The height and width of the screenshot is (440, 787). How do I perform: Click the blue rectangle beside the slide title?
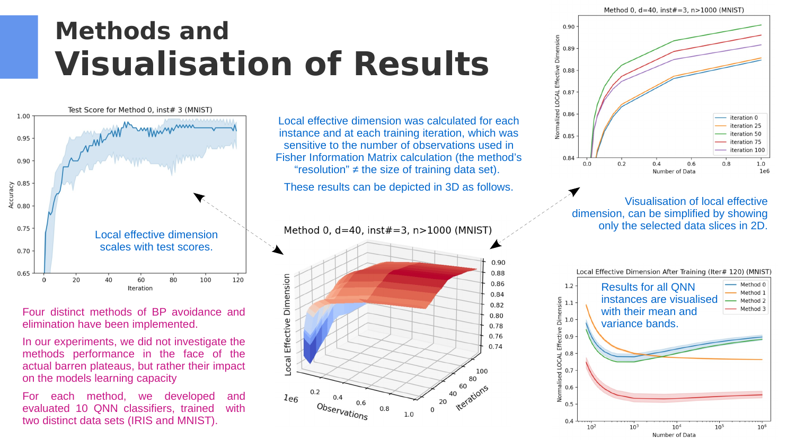point(19,47)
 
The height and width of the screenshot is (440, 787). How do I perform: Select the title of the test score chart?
point(140,110)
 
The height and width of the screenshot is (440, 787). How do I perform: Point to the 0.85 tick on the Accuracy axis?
point(23,184)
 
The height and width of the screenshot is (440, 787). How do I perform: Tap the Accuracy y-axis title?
point(11,195)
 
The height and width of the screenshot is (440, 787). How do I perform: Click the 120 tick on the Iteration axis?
point(238,280)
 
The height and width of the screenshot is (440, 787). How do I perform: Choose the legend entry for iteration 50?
point(745,134)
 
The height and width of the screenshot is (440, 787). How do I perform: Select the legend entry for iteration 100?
point(747,150)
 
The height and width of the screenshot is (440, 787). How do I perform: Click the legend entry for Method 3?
point(753,309)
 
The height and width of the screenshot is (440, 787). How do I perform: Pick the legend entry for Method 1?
point(753,293)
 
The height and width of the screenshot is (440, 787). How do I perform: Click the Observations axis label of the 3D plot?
point(342,411)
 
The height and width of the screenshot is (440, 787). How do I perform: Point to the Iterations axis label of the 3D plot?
point(472,398)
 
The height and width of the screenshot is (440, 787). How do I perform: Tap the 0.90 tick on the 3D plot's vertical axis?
point(498,263)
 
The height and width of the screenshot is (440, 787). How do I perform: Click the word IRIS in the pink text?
point(167,421)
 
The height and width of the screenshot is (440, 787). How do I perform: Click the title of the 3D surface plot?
point(387,230)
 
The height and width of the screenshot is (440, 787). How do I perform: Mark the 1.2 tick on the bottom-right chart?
point(569,286)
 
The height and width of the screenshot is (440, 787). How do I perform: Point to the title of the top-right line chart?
point(674,10)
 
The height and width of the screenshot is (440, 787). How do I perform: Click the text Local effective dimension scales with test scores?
point(156,241)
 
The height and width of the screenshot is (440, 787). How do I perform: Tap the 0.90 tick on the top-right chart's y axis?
point(568,26)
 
